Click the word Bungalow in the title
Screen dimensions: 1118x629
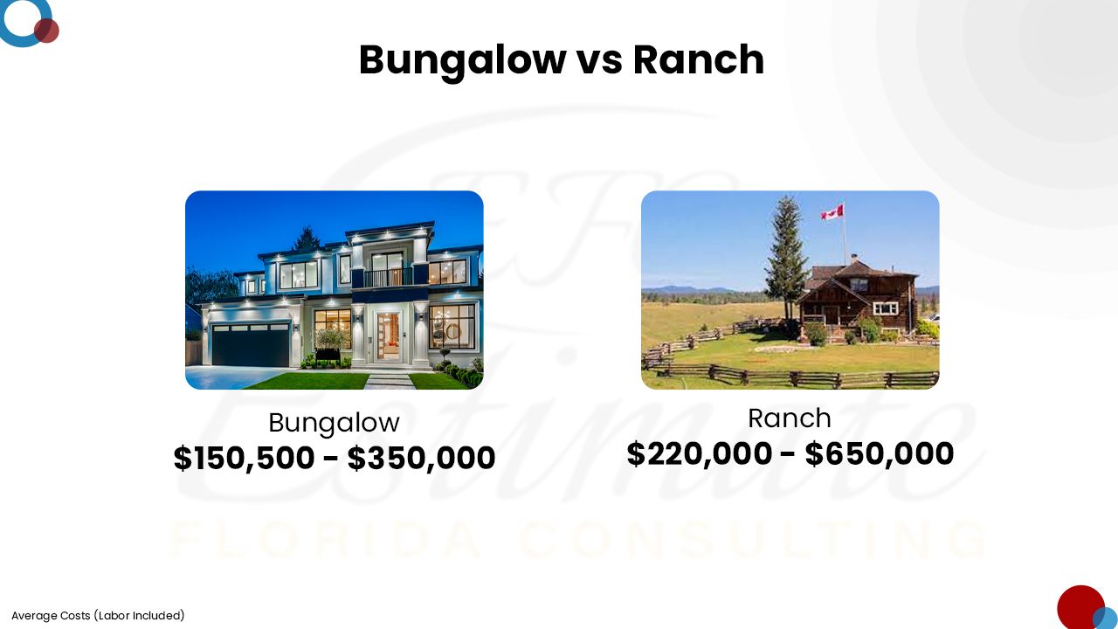[462, 61]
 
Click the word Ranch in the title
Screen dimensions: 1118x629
[699, 59]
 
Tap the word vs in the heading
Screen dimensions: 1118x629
[599, 64]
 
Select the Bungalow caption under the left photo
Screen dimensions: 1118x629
[334, 424]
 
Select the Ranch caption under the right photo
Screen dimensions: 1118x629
[790, 418]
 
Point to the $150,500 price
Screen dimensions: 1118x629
[244, 458]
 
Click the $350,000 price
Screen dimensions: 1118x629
[421, 458]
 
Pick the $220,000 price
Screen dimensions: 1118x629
[700, 453]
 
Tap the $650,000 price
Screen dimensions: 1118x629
[880, 453]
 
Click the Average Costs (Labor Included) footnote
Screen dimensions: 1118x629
[98, 616]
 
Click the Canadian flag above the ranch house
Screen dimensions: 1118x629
[832, 212]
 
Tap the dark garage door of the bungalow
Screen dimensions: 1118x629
[251, 345]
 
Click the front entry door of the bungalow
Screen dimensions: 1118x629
[388, 336]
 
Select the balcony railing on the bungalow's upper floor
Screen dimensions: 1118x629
[389, 278]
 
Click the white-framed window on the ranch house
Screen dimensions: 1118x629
[886, 308]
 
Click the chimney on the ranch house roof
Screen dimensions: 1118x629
[854, 259]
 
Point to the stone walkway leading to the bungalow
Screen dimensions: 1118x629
[390, 381]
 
